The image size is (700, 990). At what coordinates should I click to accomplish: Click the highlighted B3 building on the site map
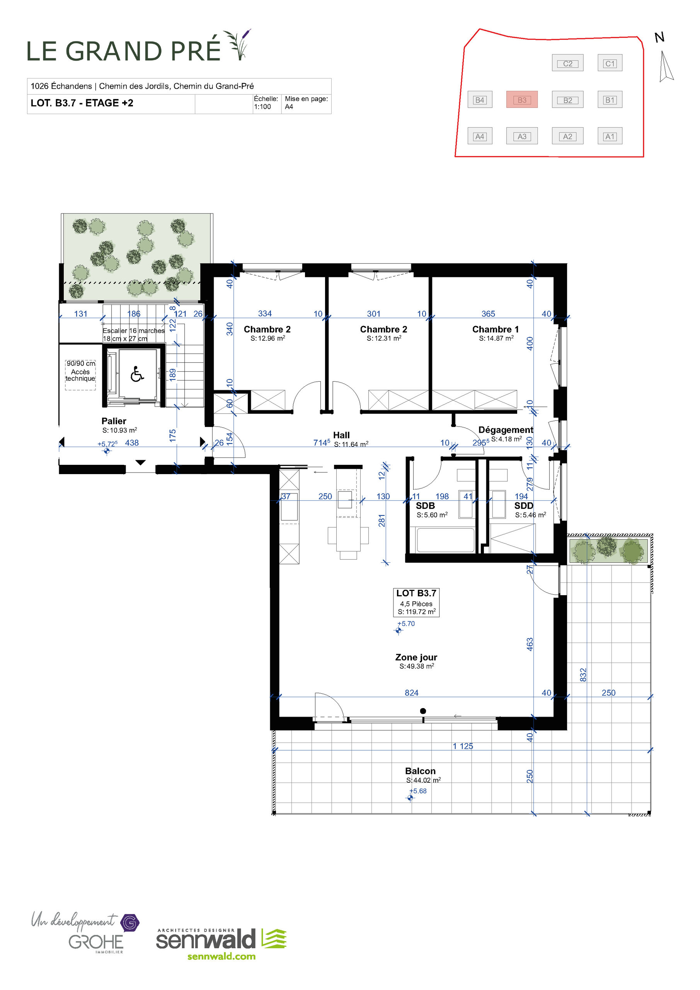[x=521, y=100]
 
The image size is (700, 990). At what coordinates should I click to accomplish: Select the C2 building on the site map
[x=567, y=63]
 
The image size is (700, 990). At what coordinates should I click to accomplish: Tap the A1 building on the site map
[x=610, y=136]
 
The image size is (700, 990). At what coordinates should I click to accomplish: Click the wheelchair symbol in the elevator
[x=137, y=374]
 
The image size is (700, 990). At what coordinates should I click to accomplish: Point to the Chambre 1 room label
[x=495, y=329]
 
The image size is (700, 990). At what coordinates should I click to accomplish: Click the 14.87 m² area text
[x=496, y=338]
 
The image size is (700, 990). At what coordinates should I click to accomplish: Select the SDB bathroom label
[x=425, y=506]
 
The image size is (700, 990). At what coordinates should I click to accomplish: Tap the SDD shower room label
[x=523, y=506]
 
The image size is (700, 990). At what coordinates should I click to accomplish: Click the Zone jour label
[x=416, y=657]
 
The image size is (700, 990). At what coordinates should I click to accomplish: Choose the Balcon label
[x=420, y=771]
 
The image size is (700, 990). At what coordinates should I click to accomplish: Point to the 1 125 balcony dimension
[x=463, y=746]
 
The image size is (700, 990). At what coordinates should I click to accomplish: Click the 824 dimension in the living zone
[x=411, y=693]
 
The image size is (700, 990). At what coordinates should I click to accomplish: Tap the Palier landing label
[x=114, y=421]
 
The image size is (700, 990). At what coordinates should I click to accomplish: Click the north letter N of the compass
[x=659, y=38]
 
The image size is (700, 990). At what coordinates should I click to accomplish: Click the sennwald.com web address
[x=221, y=956]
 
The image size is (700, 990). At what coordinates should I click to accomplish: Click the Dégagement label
[x=505, y=430]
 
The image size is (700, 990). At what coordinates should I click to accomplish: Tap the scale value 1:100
[x=262, y=106]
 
